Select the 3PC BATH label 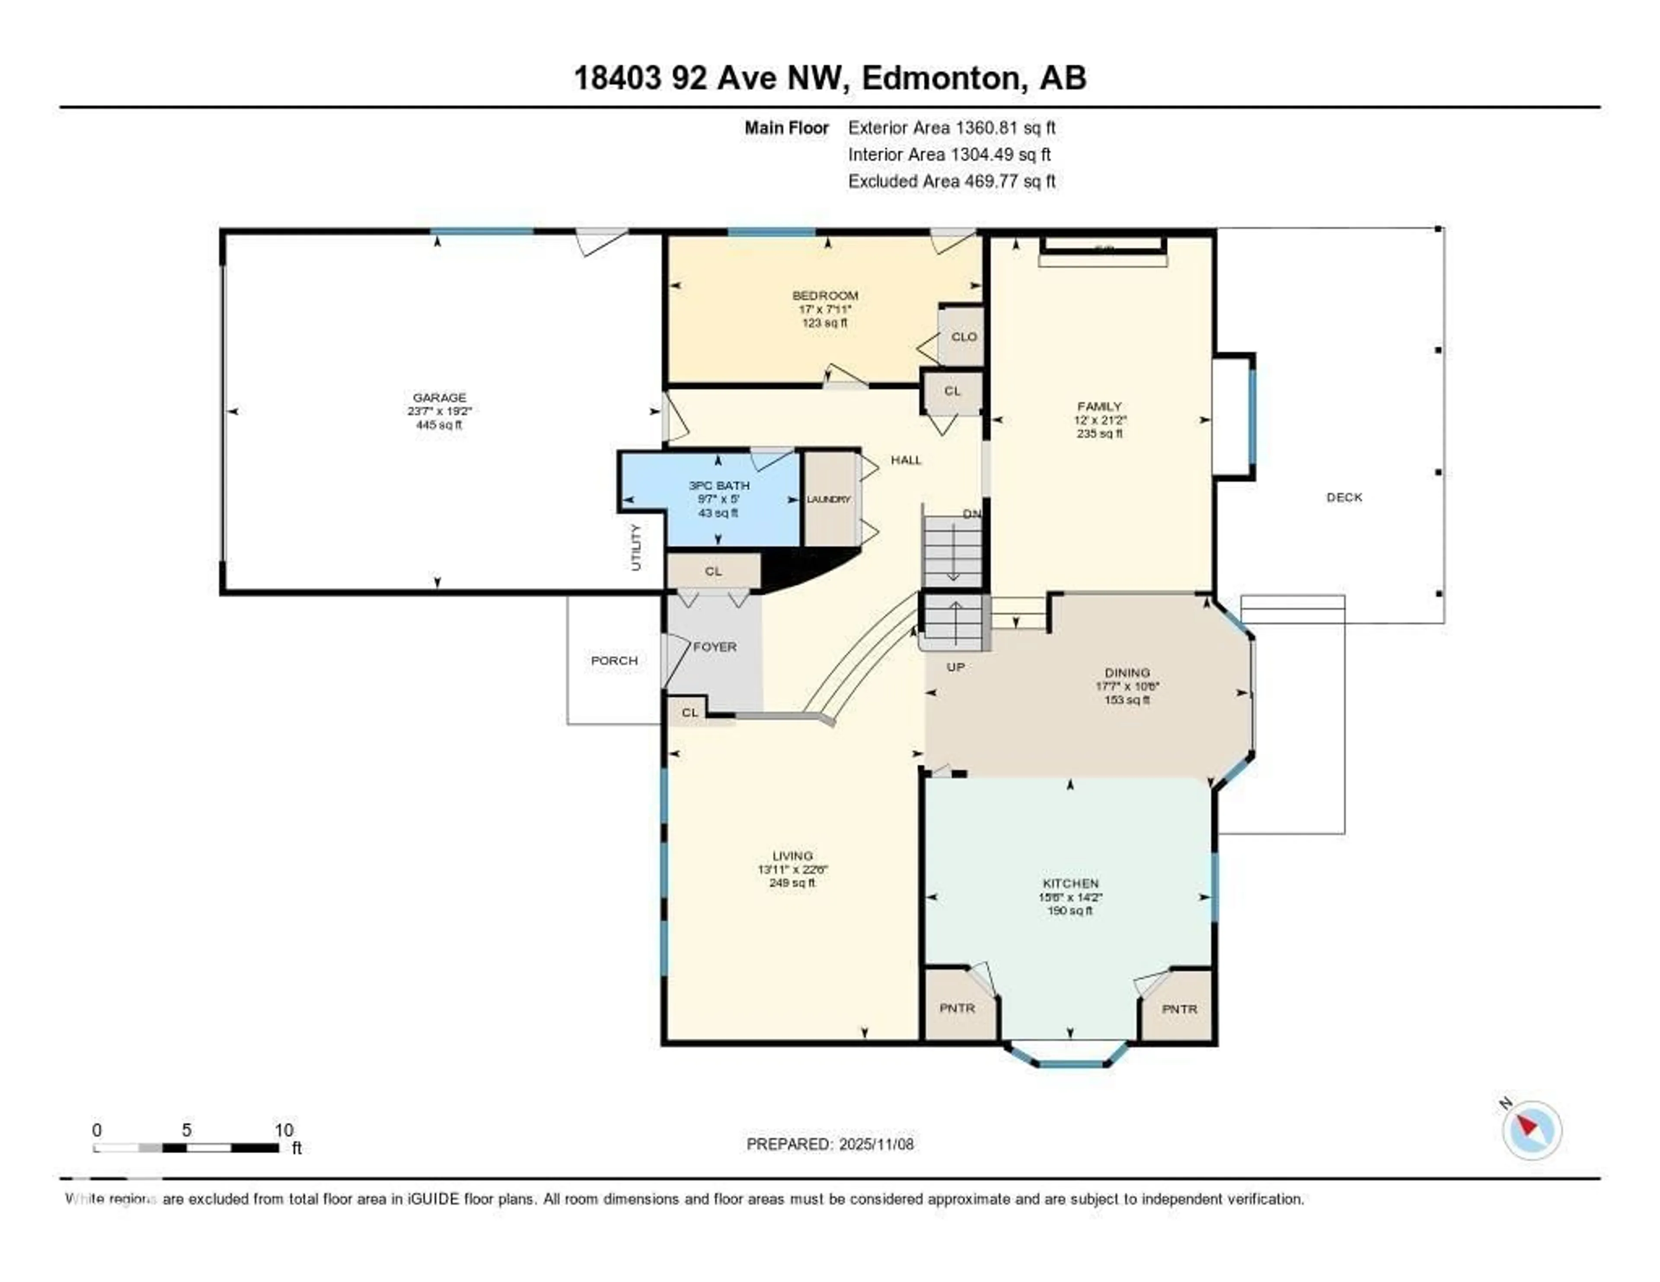pos(718,485)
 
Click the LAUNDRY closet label pos(828,499)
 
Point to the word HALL pos(906,460)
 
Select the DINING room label pos(1127,673)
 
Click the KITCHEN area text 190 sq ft pos(1070,910)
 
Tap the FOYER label pos(715,647)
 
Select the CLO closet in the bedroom pos(964,337)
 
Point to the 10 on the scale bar pos(284,1130)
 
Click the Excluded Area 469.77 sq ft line pos(951,181)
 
